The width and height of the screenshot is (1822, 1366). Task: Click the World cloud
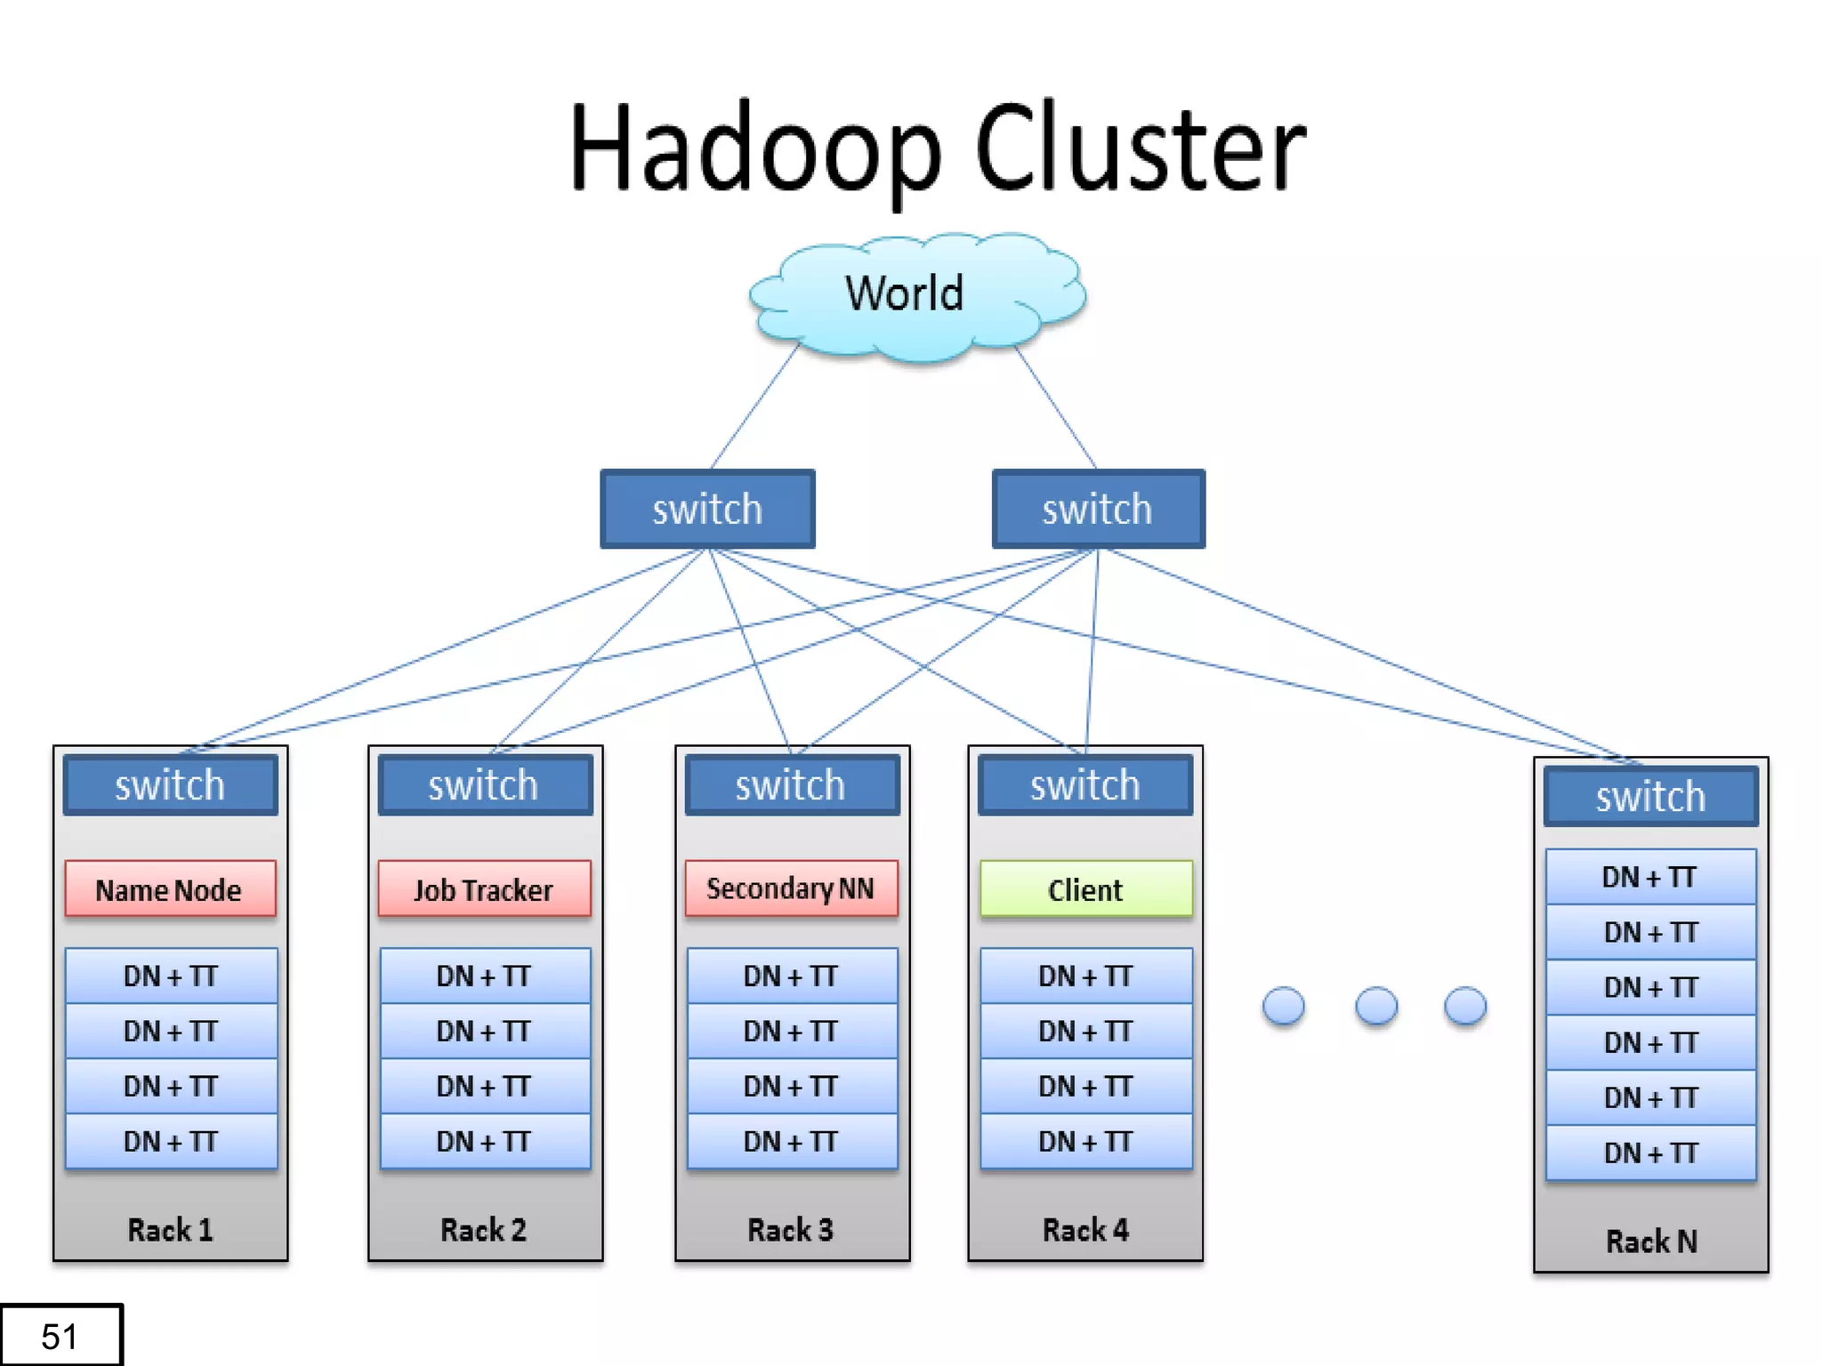tap(917, 297)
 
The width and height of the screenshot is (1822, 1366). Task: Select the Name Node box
tap(170, 888)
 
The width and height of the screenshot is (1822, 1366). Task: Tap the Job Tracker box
tap(484, 888)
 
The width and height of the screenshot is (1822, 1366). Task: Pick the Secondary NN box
tap(791, 888)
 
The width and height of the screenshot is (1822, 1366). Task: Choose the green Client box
tap(1085, 888)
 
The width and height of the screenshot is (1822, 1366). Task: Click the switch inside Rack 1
tap(170, 785)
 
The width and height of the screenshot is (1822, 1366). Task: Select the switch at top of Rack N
tap(1650, 797)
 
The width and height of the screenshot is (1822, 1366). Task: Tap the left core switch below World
tap(707, 509)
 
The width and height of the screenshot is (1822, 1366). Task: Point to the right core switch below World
tap(1098, 509)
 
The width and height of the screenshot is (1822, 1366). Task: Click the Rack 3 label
tap(790, 1230)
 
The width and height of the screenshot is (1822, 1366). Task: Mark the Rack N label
tap(1651, 1241)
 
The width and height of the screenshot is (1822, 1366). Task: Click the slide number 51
tap(60, 1336)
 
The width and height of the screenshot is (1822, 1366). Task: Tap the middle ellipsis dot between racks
tap(1375, 1006)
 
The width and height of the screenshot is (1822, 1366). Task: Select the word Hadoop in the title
tap(755, 149)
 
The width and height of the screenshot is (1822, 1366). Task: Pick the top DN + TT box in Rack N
tap(1650, 878)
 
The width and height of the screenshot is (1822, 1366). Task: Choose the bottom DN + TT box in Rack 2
tap(484, 1142)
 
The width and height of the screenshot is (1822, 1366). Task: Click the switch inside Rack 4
tap(1085, 785)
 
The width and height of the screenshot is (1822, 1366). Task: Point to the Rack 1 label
tap(170, 1230)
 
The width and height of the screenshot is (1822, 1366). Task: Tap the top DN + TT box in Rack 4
tap(1085, 976)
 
